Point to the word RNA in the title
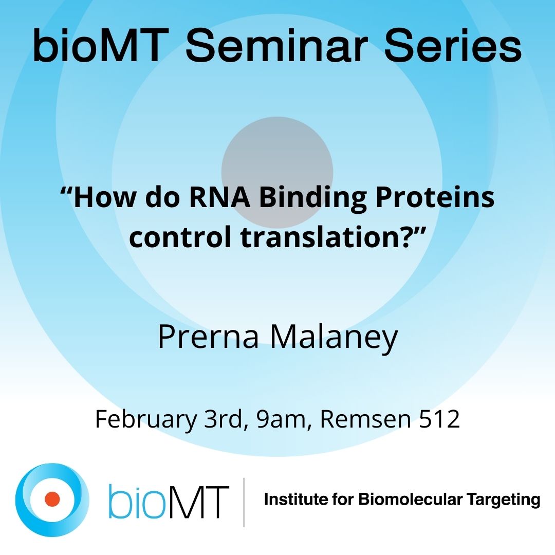[x=226, y=198]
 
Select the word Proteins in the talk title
[x=434, y=198]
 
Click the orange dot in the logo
[x=52, y=498]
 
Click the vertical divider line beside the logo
[x=244, y=502]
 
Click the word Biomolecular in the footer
[x=402, y=499]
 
